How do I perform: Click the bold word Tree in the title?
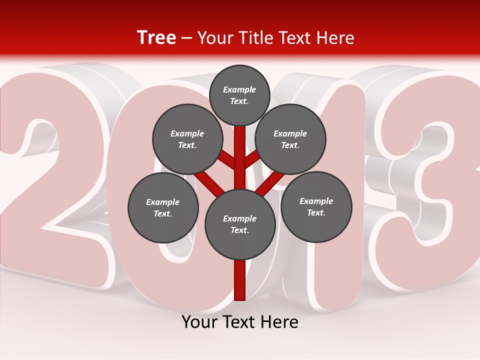tap(156, 38)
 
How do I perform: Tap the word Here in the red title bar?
tap(335, 38)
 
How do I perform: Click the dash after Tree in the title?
tap(186, 38)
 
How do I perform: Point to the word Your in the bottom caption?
tap(200, 322)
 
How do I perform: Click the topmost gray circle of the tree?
tap(239, 95)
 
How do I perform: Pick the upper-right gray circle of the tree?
tap(290, 139)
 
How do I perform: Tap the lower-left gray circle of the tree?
tap(163, 207)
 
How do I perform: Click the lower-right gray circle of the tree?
tap(316, 206)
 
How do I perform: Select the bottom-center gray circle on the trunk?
tap(240, 224)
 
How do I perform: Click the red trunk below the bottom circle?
tap(240, 280)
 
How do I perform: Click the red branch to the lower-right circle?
tap(270, 182)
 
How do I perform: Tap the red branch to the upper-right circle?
tap(252, 160)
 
